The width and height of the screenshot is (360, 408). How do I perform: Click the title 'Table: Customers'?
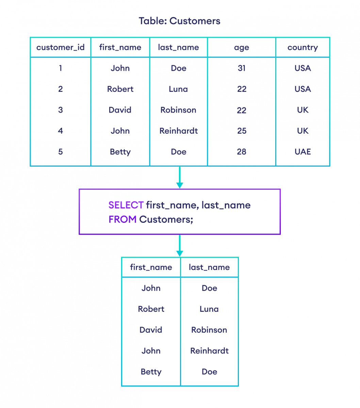pyautogui.click(x=180, y=21)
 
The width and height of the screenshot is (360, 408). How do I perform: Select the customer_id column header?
pyautogui.click(x=61, y=47)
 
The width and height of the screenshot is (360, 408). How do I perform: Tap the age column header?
pyautogui.click(x=242, y=47)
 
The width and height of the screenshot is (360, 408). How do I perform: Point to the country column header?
pyautogui.click(x=302, y=47)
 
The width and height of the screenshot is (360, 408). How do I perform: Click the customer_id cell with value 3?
pyautogui.click(x=61, y=110)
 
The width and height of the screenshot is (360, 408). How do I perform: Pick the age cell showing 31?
pyautogui.click(x=242, y=68)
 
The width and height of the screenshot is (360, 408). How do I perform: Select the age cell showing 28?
pyautogui.click(x=242, y=152)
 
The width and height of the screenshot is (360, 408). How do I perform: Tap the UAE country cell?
pyautogui.click(x=302, y=152)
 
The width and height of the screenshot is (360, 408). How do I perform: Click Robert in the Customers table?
pyautogui.click(x=120, y=89)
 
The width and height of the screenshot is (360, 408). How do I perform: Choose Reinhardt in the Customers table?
pyautogui.click(x=179, y=131)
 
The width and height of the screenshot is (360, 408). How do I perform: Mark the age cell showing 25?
pyautogui.click(x=242, y=131)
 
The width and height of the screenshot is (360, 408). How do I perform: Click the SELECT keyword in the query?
pyautogui.click(x=126, y=205)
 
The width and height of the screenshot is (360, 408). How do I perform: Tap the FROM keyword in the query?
pyautogui.click(x=122, y=220)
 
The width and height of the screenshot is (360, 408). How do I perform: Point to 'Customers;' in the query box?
pyautogui.click(x=166, y=220)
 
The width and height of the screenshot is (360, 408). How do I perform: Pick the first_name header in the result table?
pyautogui.click(x=151, y=267)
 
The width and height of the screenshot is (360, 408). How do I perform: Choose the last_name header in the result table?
pyautogui.click(x=209, y=267)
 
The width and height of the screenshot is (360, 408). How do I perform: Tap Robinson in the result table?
pyautogui.click(x=209, y=330)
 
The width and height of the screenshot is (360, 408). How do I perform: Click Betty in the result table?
pyautogui.click(x=151, y=372)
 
